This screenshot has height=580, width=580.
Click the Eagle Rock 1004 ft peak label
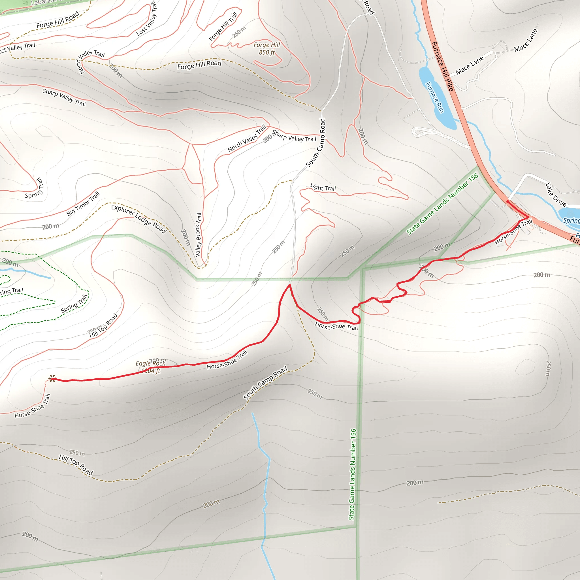tap(150, 367)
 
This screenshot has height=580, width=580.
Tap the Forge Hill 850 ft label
tap(266, 49)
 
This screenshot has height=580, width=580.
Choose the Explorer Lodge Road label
tap(138, 219)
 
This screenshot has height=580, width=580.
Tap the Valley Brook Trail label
tap(199, 235)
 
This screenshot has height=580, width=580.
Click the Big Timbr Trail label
tap(83, 204)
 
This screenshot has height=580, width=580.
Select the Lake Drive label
tap(555, 195)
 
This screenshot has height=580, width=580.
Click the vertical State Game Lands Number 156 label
tap(352, 474)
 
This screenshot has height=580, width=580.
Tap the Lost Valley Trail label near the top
tap(146, 19)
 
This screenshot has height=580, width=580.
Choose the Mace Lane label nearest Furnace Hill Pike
tap(469, 65)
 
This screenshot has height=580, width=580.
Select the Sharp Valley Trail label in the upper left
tap(64, 97)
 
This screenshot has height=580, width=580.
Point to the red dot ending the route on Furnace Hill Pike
tap(507, 201)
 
